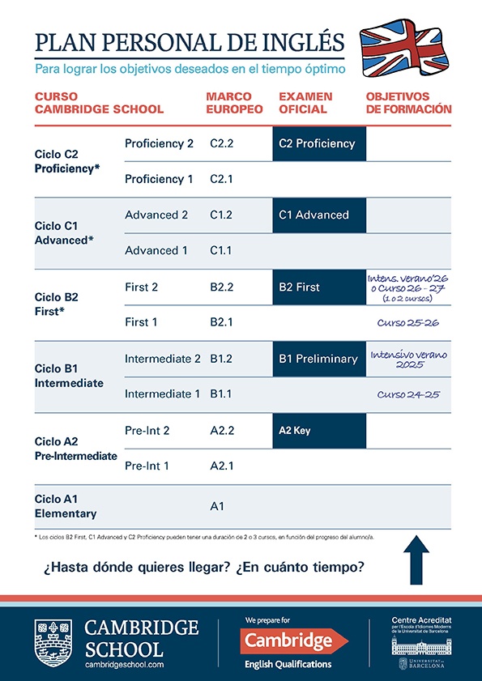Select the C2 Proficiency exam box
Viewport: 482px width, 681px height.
(x=319, y=143)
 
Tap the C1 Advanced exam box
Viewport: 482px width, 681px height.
(x=319, y=215)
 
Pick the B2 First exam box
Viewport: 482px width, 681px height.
(x=319, y=287)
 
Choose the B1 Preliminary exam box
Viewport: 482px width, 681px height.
(x=319, y=358)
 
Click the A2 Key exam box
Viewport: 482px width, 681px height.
(x=319, y=430)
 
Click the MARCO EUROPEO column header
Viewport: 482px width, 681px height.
(x=234, y=103)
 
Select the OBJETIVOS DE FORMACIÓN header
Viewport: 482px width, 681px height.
(x=408, y=103)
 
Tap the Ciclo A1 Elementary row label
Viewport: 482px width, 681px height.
(x=66, y=506)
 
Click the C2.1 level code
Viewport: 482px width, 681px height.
(x=221, y=179)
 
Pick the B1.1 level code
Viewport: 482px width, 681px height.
(x=221, y=394)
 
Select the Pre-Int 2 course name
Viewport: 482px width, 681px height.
(x=147, y=431)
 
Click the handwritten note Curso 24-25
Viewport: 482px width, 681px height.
(x=409, y=394)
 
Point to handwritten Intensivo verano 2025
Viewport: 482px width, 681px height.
(x=409, y=360)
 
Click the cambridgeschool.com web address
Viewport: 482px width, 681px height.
(x=125, y=664)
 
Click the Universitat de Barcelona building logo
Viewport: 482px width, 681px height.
(x=420, y=645)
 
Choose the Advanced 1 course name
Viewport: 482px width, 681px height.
(x=156, y=250)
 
